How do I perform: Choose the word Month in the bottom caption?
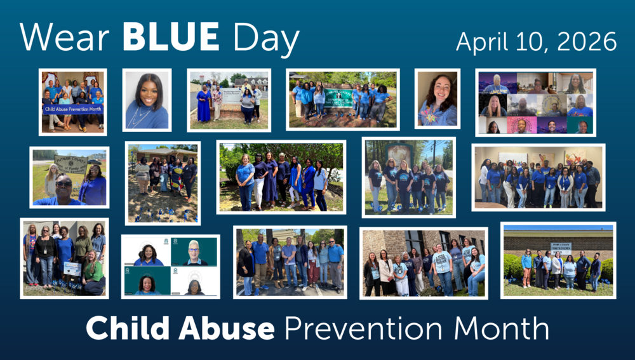tap(505, 328)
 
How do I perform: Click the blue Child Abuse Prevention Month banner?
tap(72, 109)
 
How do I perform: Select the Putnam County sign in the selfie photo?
tap(70, 164)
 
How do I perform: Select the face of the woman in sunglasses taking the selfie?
tap(63, 185)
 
